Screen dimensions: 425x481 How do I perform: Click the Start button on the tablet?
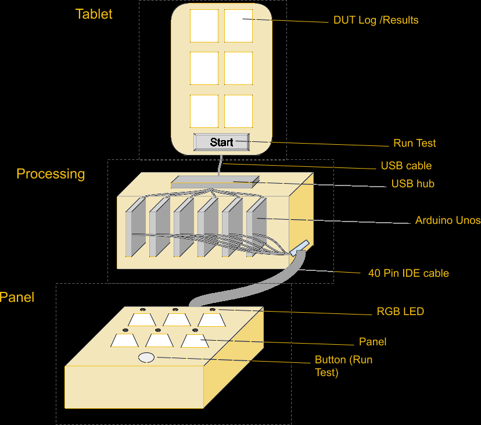[x=221, y=142]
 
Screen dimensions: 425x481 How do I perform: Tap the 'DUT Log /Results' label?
[x=376, y=20]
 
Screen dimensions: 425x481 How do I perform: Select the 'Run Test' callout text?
[x=414, y=143]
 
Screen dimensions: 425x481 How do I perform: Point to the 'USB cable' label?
[x=406, y=166]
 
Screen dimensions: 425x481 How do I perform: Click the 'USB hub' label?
[x=412, y=184]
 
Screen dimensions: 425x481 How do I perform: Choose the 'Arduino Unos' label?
[x=447, y=220]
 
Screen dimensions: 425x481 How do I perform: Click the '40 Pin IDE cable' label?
[x=408, y=273]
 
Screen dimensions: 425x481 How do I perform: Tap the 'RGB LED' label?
[x=400, y=312]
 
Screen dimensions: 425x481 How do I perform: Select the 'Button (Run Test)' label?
[x=343, y=366]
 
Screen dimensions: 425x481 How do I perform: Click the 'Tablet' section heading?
[x=94, y=14]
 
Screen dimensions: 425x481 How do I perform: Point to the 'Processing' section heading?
[x=51, y=174]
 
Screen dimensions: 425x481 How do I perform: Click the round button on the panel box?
[x=146, y=358]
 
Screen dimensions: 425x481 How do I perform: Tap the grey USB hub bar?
[x=215, y=182]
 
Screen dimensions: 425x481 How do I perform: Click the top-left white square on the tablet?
[x=204, y=26]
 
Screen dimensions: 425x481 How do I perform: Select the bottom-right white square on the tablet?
[x=238, y=110]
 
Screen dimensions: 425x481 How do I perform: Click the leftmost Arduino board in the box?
[x=135, y=227]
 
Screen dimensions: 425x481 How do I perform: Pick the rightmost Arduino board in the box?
[x=256, y=227]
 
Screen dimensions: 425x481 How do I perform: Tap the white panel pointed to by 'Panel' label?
[x=193, y=341]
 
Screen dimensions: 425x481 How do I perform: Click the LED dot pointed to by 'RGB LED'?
[x=212, y=309]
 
